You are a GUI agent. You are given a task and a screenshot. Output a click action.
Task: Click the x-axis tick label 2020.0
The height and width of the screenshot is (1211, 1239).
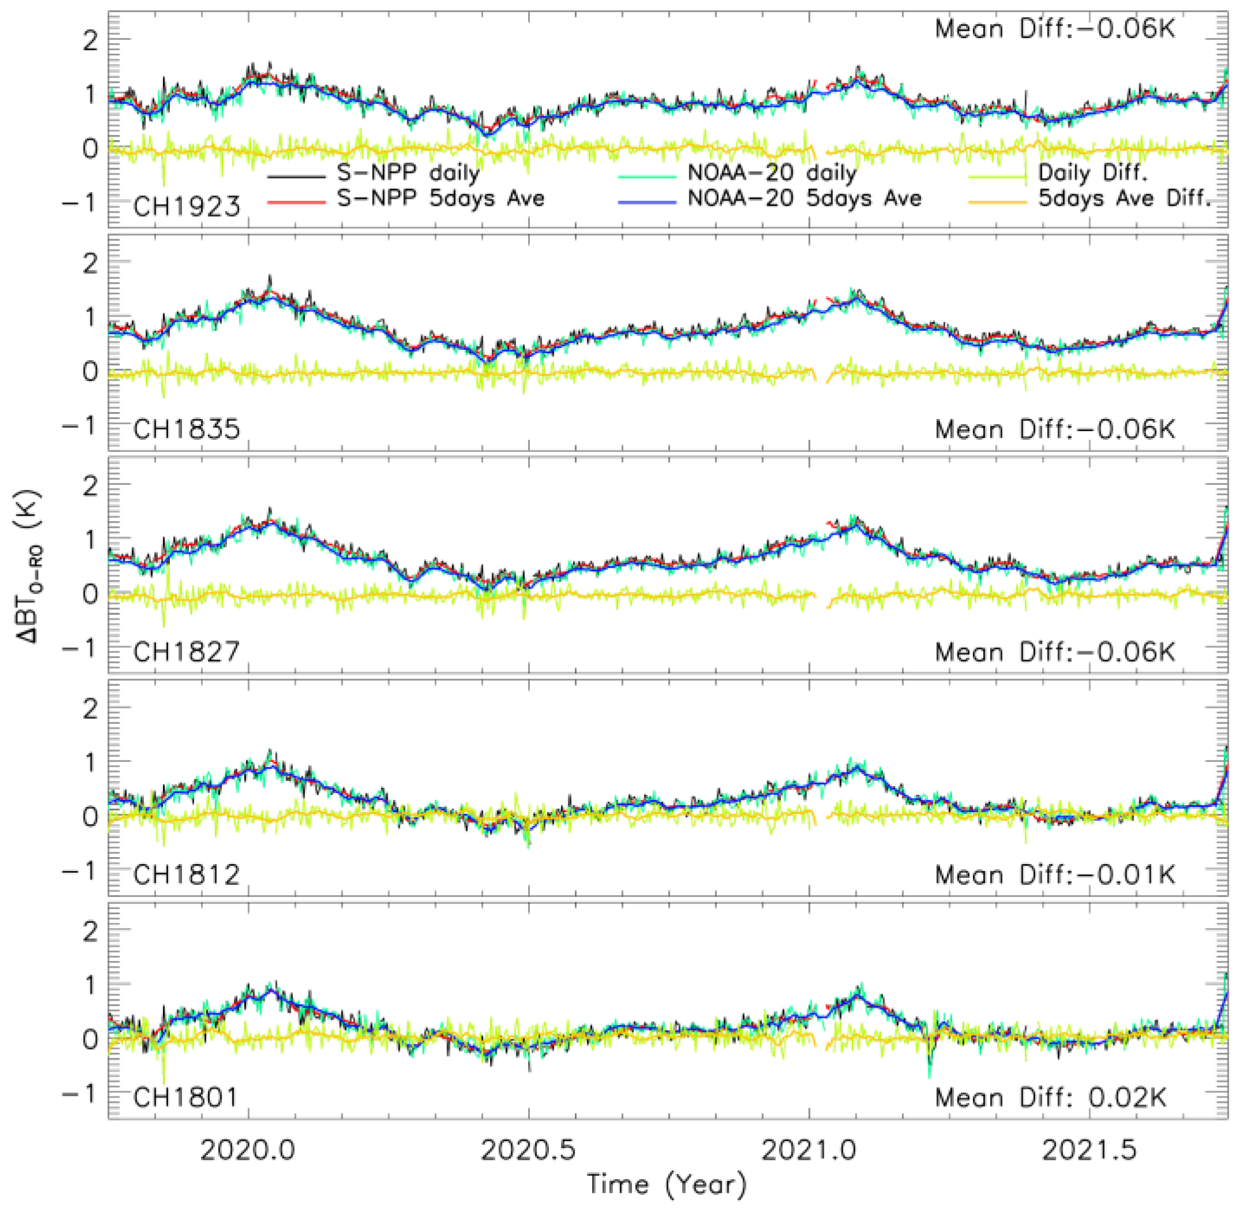(248, 1149)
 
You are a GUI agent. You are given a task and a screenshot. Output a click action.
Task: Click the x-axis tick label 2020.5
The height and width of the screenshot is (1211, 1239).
(528, 1149)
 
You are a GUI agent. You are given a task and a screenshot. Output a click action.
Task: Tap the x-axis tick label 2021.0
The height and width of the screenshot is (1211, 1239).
(809, 1149)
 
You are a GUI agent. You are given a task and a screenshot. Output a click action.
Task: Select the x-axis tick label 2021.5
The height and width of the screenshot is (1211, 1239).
(1090, 1149)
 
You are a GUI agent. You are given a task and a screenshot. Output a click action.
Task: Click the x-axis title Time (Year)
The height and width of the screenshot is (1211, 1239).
(667, 1185)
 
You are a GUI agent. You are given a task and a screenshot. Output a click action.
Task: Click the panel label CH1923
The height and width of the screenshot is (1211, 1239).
(187, 207)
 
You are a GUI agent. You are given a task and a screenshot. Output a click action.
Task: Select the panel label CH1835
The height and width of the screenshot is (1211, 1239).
(187, 429)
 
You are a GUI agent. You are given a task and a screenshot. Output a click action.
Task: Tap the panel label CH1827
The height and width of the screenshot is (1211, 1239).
(187, 652)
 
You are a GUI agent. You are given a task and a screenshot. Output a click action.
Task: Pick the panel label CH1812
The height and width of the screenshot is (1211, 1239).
(187, 875)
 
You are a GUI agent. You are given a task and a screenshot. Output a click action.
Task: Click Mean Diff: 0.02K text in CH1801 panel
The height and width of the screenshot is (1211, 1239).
(1051, 1098)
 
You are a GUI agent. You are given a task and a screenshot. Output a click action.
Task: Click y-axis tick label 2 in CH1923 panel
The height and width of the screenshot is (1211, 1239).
(90, 41)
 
